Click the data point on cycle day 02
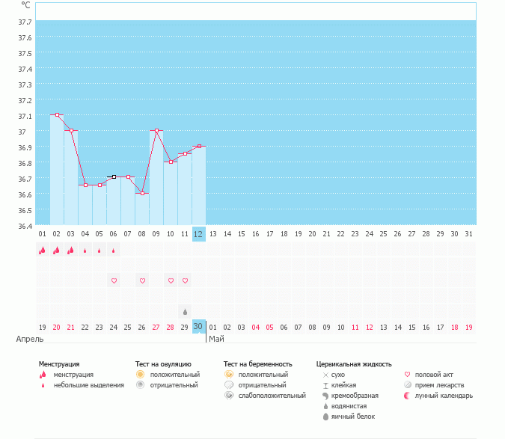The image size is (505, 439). [57, 115]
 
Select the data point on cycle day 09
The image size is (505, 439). [156, 131]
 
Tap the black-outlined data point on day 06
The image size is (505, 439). [114, 177]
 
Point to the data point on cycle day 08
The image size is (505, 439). [142, 193]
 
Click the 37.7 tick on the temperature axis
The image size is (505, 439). [25, 22]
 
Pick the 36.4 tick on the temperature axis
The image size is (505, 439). [25, 226]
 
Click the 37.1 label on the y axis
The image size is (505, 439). [25, 116]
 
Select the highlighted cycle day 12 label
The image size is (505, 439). [198, 234]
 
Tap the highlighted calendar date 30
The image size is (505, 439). [198, 327]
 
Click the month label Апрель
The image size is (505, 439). [29, 340]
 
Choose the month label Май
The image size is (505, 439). [215, 340]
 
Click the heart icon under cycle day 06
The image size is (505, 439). [114, 280]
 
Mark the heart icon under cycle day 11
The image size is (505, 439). [185, 280]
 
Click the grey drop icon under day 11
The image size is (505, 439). [185, 311]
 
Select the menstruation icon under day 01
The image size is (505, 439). [43, 251]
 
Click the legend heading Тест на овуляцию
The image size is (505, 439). [168, 364]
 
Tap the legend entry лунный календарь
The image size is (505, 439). [446, 396]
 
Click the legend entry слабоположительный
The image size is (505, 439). [272, 396]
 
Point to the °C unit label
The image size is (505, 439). [25, 5]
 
